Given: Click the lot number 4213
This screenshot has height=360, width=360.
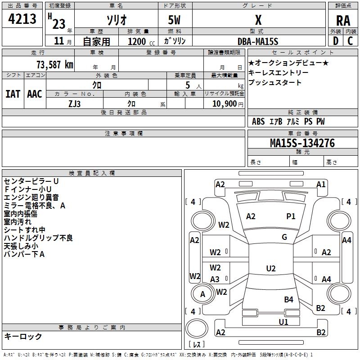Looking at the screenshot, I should point(22,19).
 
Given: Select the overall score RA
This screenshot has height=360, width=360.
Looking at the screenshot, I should point(343,20).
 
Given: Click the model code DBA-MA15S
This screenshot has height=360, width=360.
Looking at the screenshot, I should point(258,41).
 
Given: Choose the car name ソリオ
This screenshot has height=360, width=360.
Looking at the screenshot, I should point(116,21).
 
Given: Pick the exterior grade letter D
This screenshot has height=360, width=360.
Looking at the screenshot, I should point(335,41).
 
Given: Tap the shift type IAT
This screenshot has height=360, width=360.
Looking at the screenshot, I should point(13,94).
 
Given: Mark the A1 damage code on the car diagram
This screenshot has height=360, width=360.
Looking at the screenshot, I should point(321,184).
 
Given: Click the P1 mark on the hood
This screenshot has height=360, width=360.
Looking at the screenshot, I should point(291,216).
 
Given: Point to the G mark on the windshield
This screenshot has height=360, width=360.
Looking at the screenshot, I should point(284,237).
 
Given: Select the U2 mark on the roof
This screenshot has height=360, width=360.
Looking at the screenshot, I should point(271,269).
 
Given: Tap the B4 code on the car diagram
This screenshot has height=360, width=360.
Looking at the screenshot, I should point(288,299).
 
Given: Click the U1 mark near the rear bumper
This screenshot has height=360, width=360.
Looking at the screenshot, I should point(283,322).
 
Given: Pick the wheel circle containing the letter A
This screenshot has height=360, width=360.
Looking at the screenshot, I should point(202,294).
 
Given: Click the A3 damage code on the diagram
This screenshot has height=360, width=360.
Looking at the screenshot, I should point(215,279).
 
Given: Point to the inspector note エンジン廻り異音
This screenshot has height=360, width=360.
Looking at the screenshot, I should point(31,197).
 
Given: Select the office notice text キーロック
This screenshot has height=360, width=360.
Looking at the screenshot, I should point(23,336).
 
